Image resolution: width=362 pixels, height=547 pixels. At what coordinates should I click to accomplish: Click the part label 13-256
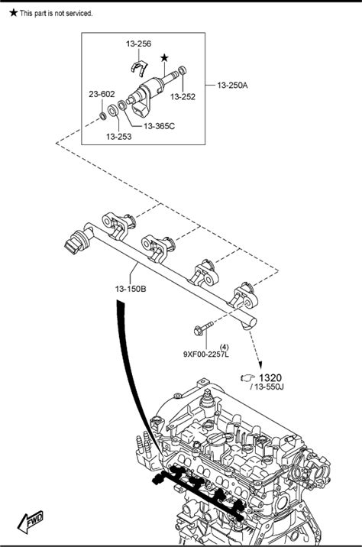(138, 44)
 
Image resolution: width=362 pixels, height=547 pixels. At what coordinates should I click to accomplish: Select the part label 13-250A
(232, 85)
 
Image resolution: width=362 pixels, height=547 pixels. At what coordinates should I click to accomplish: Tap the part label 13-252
(183, 96)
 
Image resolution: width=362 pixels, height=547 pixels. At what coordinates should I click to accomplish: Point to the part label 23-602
(102, 94)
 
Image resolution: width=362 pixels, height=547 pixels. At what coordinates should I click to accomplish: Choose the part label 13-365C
(159, 126)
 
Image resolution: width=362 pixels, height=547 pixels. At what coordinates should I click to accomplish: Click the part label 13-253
(119, 137)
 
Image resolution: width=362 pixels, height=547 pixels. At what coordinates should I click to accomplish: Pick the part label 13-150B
(131, 289)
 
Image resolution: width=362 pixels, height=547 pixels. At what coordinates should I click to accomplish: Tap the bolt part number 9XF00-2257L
(206, 354)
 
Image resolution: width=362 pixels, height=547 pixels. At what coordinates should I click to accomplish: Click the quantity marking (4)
(225, 347)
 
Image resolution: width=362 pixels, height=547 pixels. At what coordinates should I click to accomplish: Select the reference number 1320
(270, 378)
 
